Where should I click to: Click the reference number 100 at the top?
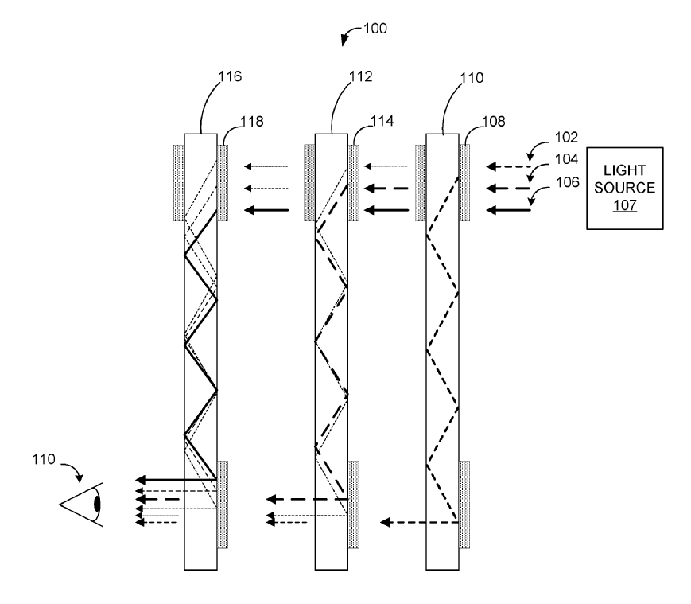coord(375,29)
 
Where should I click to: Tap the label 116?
coord(230,76)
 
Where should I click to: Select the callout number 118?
coord(251,121)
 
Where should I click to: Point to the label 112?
coord(360,76)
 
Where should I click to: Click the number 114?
coord(382,121)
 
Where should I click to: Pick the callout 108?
coord(494,121)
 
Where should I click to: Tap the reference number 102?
coord(566,138)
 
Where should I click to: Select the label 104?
coord(566,159)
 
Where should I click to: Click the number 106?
coord(568,182)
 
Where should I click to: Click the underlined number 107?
coord(625,205)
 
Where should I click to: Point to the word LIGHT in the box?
coord(624,170)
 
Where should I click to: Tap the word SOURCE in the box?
coord(624,188)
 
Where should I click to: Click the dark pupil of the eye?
coord(97,504)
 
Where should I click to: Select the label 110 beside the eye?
coord(43,459)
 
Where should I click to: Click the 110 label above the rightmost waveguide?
coord(472,78)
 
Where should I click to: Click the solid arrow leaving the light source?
coord(509,210)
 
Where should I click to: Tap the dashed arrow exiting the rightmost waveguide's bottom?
coord(420,523)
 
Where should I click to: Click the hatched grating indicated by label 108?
coord(464,182)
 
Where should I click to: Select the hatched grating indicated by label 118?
coord(223,182)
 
